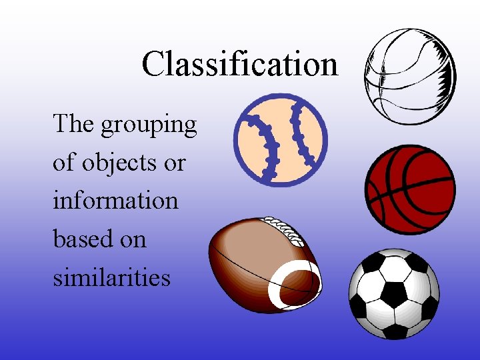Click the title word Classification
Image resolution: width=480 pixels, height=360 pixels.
coord(239,64)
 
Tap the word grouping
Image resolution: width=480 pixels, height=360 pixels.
coord(149,125)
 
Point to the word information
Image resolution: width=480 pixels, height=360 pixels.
coord(115,200)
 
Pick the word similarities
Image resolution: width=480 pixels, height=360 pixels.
coord(111,276)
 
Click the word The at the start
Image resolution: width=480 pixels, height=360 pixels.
coord(73,124)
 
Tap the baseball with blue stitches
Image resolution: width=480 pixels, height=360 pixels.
coord(280,139)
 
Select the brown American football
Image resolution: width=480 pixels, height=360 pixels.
coord(263,264)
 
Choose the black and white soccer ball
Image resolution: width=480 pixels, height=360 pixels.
coord(394,294)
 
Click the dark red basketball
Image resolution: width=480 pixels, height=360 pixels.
coord(410,189)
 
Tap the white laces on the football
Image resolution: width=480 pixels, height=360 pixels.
coord(285,230)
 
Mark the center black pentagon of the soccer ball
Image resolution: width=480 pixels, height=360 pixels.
coord(394,294)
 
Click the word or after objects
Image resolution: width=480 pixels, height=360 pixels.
coord(175,163)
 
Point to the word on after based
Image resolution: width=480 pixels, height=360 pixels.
coord(133,239)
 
